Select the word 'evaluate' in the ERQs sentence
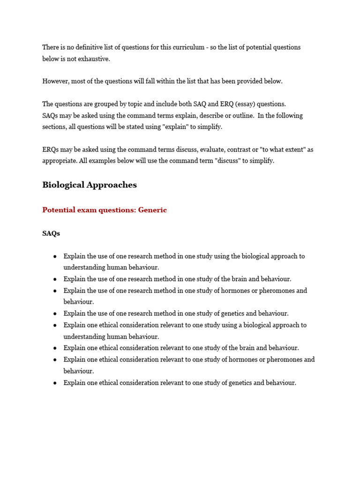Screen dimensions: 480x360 [212, 150]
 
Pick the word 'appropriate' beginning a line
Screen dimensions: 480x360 [59, 161]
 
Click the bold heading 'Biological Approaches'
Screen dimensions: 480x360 [90, 185]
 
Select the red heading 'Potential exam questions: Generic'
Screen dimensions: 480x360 [105, 210]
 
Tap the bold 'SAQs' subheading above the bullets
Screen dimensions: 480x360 [51, 233]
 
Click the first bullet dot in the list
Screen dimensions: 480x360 [55, 256]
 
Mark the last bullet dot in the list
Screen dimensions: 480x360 [55, 383]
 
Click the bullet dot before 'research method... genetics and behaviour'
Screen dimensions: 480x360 [55, 314]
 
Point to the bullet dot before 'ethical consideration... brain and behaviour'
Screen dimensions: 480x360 [55, 348]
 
